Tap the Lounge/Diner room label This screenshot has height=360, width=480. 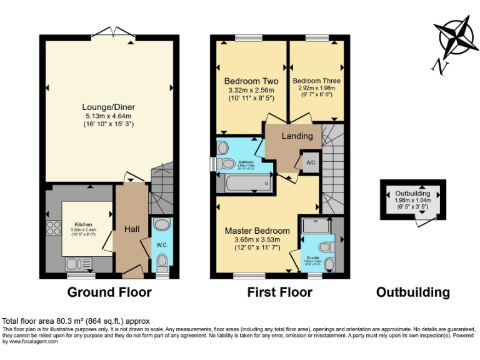coord(109,107)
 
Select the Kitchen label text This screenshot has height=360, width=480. coord(84,224)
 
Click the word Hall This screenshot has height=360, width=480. coord(132,229)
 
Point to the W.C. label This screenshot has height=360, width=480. coord(161,245)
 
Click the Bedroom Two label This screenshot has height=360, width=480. coord(251,81)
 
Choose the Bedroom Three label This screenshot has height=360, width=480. coord(316,81)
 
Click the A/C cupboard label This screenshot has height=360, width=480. coord(311,161)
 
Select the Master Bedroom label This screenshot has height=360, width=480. coord(257,231)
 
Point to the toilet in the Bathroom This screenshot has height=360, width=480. coord(223,150)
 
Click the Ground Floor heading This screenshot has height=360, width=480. coord(109,292)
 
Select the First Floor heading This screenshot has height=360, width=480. coord(279,292)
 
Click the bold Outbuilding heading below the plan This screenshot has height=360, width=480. coord(412,292)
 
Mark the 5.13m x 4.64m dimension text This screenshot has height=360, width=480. coord(109,116)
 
